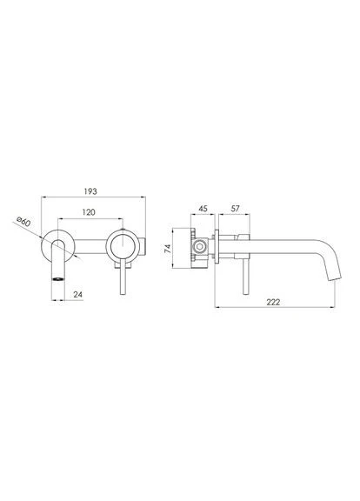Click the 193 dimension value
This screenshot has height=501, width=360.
(90, 191)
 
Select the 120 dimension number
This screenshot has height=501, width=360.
(89, 212)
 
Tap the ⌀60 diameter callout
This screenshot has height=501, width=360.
(23, 221)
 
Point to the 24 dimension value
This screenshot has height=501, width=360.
(78, 294)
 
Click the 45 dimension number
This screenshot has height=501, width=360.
(203, 209)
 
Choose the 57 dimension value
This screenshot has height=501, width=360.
(235, 209)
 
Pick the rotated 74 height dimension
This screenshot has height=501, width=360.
(168, 248)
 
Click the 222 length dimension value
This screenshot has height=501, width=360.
(273, 302)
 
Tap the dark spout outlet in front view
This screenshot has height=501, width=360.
(58, 279)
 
